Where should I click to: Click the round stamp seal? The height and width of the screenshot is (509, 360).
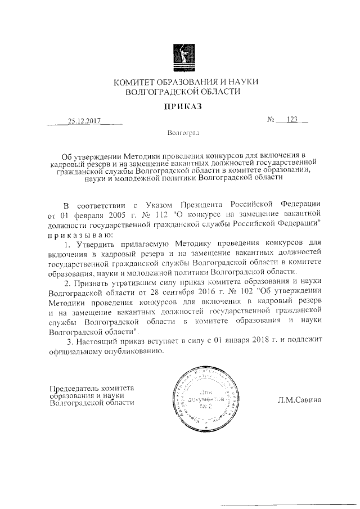(208, 397)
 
